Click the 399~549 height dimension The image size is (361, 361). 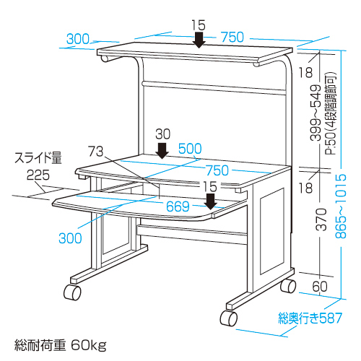(x=316, y=113)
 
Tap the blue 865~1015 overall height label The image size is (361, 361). (x=341, y=206)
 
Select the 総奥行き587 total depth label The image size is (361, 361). (x=310, y=318)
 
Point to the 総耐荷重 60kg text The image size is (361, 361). (x=60, y=345)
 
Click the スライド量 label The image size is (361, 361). (x=38, y=158)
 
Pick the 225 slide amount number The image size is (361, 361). (x=38, y=175)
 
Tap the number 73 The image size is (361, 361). (x=95, y=152)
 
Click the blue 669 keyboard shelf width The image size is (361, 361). (x=178, y=206)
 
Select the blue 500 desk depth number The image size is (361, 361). (x=190, y=149)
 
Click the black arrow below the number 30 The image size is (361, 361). (x=162, y=151)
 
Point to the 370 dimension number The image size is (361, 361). (x=321, y=219)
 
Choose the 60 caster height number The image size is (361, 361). (x=320, y=287)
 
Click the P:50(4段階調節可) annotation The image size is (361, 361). (x=331, y=113)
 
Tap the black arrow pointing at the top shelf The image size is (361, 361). (x=199, y=40)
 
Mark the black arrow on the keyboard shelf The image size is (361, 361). (x=211, y=201)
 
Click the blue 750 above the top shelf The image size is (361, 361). (x=232, y=37)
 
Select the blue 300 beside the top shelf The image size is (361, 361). (x=78, y=39)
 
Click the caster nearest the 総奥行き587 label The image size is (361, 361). (x=229, y=318)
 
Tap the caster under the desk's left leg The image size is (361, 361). (x=72, y=292)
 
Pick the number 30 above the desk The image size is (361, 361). (x=162, y=134)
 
